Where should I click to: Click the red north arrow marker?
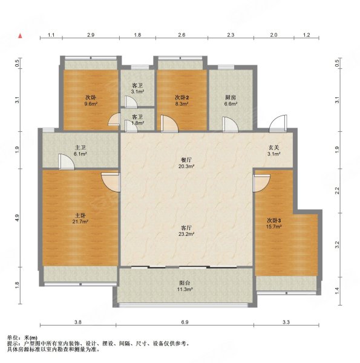(x=21, y=36)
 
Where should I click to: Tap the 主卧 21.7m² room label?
(x=80, y=218)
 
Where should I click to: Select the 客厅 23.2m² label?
(x=186, y=231)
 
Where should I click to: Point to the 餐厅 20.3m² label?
(x=186, y=163)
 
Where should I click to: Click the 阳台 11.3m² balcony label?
(x=185, y=286)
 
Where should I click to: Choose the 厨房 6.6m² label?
(x=231, y=100)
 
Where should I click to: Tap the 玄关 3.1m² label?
(x=274, y=151)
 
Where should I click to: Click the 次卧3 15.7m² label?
(x=274, y=223)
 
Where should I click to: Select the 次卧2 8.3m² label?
(x=182, y=100)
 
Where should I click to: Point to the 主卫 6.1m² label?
(x=80, y=151)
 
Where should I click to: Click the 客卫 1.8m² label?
(x=137, y=120)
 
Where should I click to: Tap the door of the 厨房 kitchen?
(x=230, y=125)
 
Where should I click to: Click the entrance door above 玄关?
(x=278, y=123)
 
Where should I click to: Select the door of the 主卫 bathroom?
(x=66, y=162)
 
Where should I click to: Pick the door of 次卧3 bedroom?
(x=261, y=183)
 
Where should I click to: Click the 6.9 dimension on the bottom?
(x=185, y=322)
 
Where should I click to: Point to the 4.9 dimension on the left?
(x=18, y=217)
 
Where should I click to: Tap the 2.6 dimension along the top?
(x=182, y=35)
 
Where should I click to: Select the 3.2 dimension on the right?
(x=337, y=244)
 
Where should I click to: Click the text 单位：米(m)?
(x=22, y=338)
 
